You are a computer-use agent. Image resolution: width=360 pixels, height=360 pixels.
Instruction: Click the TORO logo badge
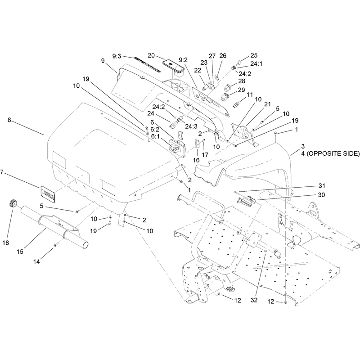(48, 194)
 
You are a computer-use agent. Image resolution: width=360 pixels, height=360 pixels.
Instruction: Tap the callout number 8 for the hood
(9, 120)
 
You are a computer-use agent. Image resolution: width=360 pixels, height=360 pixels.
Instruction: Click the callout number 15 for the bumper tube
(20, 252)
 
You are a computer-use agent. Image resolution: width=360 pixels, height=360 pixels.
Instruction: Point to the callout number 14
(36, 261)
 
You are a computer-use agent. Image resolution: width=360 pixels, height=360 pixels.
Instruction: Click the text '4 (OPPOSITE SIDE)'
(330, 153)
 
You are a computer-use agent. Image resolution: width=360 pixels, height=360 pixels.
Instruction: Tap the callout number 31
(322, 185)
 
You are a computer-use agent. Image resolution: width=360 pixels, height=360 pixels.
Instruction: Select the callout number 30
(322, 195)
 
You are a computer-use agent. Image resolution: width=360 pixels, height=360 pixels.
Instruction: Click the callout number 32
(254, 300)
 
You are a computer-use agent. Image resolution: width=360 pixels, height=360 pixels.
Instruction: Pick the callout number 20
(151, 55)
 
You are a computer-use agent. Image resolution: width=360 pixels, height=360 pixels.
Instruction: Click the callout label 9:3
(117, 56)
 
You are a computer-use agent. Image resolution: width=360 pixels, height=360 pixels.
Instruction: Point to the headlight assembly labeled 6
(175, 148)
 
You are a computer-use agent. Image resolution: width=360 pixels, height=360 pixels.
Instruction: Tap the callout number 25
(254, 55)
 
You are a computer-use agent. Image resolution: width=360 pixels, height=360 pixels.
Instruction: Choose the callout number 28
(242, 81)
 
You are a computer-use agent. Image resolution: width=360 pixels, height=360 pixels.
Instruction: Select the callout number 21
(267, 104)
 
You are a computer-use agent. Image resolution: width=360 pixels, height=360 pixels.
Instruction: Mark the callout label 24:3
(191, 126)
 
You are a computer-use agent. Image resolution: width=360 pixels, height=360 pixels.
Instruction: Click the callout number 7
(2, 172)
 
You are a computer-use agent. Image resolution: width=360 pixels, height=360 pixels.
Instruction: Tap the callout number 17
(205, 155)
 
